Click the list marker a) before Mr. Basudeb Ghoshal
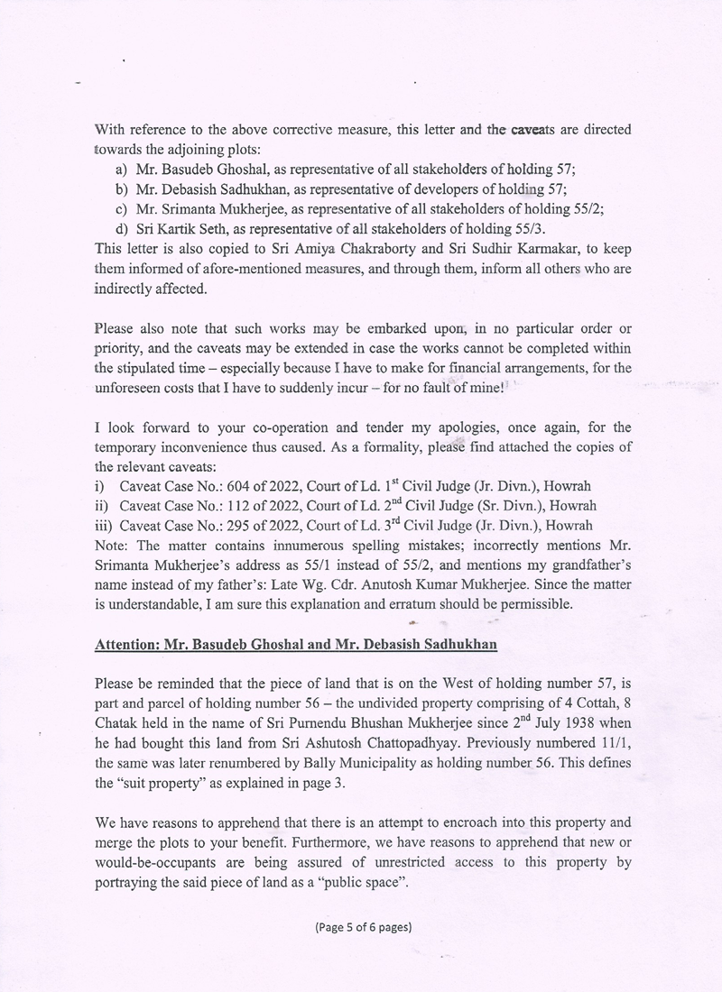(119, 169)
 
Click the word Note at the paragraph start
(109, 546)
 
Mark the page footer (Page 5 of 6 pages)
(364, 926)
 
